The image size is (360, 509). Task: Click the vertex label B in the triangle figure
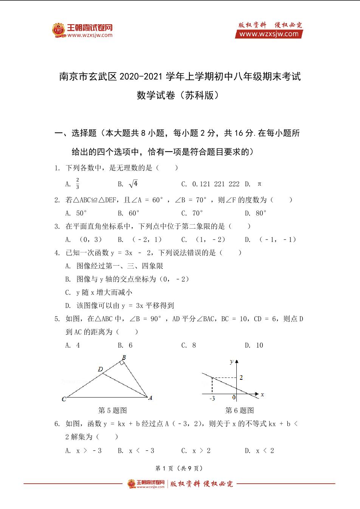pos(124,357)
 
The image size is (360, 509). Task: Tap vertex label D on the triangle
pos(100,369)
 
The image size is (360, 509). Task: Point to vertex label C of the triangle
pos(64,399)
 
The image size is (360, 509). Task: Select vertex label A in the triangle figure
pos(150,398)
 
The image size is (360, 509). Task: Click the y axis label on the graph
pos(231,362)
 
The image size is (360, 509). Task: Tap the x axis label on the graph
pos(262,395)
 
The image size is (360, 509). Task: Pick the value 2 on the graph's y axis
pos(241,377)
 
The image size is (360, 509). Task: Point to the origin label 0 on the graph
pos(234,398)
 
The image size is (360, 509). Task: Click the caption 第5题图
pos(112,410)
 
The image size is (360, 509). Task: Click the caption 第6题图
pos(239,410)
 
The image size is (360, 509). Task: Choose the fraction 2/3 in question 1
pos(78,183)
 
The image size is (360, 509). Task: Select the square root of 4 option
pos(133,184)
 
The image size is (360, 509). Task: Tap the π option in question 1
pos(259,184)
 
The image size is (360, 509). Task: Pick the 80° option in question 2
pos(261,213)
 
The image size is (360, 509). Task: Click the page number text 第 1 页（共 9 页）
pos(180,468)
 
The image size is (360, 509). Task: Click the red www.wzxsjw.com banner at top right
pos(269,34)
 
